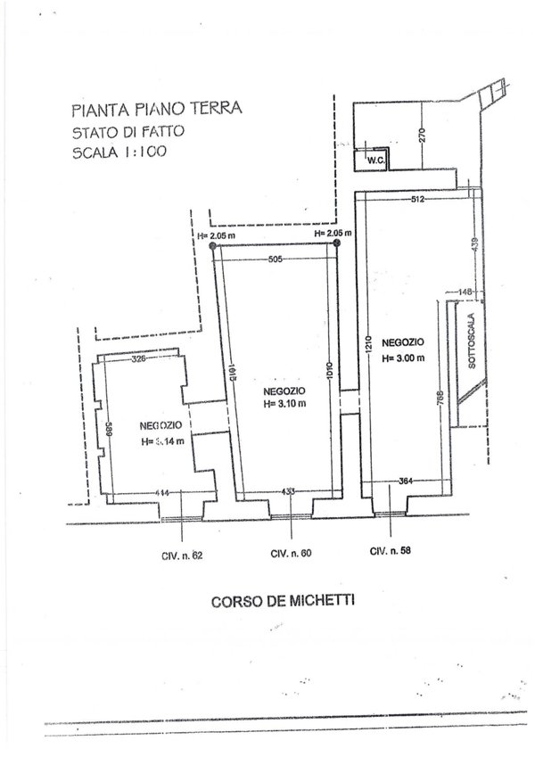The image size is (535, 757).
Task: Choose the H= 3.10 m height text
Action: pos(285,403)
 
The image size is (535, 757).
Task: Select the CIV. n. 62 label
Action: pos(183,555)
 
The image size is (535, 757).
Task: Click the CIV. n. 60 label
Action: pos(291,554)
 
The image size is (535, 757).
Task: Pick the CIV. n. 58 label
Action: pos(391,550)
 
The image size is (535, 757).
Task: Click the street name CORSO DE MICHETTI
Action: pos(282,601)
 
